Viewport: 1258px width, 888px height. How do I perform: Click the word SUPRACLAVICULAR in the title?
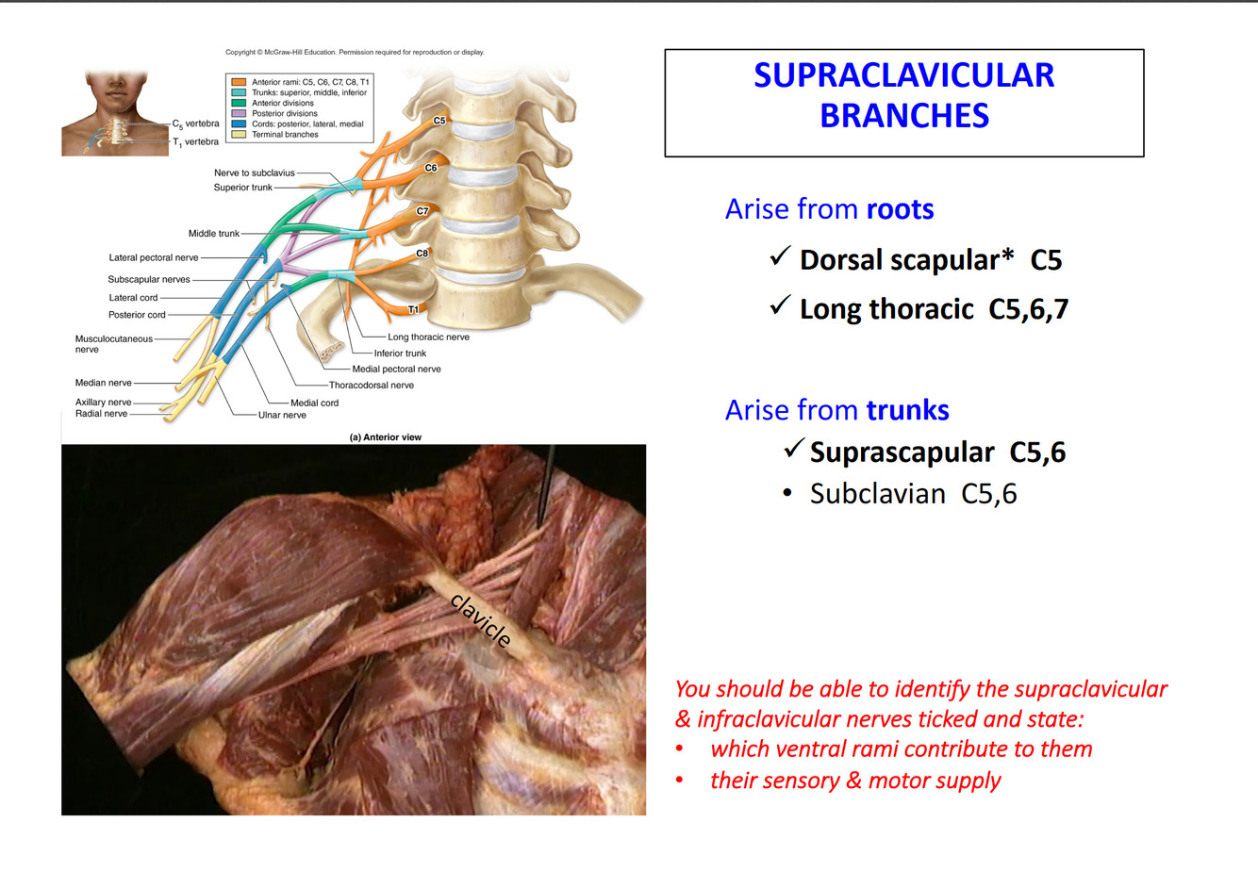[x=903, y=75]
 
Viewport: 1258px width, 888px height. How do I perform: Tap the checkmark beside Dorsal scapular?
[x=780, y=256]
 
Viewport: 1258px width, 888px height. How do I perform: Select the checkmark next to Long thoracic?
[x=780, y=305]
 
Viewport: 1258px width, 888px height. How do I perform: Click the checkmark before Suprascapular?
[x=794, y=449]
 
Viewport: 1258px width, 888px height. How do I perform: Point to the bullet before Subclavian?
[x=787, y=494]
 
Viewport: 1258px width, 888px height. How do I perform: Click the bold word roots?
[x=900, y=209]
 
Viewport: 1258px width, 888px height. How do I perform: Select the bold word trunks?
[x=907, y=410]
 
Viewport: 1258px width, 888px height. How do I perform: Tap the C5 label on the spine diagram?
[x=439, y=121]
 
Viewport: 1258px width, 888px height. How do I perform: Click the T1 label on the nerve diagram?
[x=413, y=309]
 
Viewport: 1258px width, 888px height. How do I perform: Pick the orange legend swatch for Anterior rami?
[x=239, y=82]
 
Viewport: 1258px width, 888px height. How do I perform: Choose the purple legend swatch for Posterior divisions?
[x=239, y=113]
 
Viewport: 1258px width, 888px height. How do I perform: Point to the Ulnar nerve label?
[x=282, y=415]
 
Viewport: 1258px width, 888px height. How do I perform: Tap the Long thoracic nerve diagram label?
[x=428, y=337]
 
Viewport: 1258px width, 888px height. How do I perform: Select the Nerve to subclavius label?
[x=254, y=173]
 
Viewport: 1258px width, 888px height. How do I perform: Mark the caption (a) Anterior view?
[x=385, y=437]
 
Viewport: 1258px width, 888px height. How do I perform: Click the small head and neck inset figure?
[x=115, y=113]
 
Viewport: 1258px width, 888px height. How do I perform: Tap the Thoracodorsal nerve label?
[x=371, y=385]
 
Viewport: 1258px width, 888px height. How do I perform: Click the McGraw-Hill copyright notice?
[x=355, y=53]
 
